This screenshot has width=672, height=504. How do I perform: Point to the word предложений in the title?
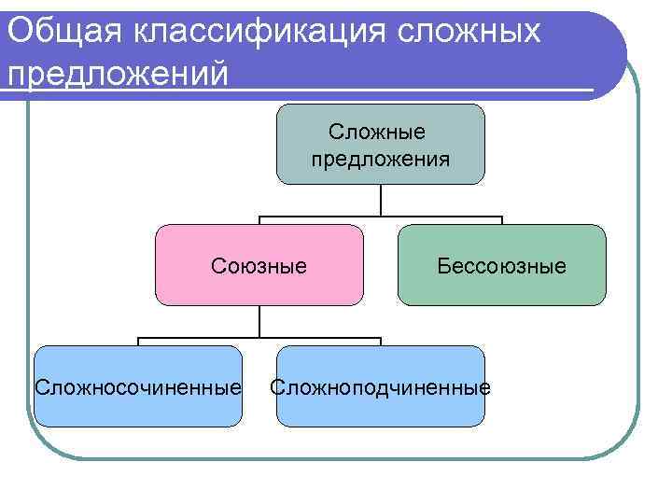point(117,72)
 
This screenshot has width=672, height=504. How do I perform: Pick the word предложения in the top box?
point(380,159)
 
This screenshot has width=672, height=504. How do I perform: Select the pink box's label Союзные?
point(259,266)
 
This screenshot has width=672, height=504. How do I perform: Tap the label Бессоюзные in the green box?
point(501,266)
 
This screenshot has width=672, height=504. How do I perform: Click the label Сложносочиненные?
point(137,386)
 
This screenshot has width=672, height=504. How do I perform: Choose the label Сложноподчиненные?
point(380,386)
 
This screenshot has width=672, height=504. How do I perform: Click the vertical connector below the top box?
point(381,200)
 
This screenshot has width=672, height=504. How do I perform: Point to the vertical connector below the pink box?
point(259,321)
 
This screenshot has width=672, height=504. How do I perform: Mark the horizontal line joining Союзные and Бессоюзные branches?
point(381,217)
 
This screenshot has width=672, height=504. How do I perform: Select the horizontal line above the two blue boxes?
point(259,338)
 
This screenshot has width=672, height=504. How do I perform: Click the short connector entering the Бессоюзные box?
point(502,221)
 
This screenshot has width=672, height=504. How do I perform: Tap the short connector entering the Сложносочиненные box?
point(138,342)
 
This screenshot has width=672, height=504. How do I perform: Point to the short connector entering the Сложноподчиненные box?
point(381,342)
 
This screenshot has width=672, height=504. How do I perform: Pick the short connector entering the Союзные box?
point(259,221)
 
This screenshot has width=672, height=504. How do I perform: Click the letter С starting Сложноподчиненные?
point(277,386)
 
